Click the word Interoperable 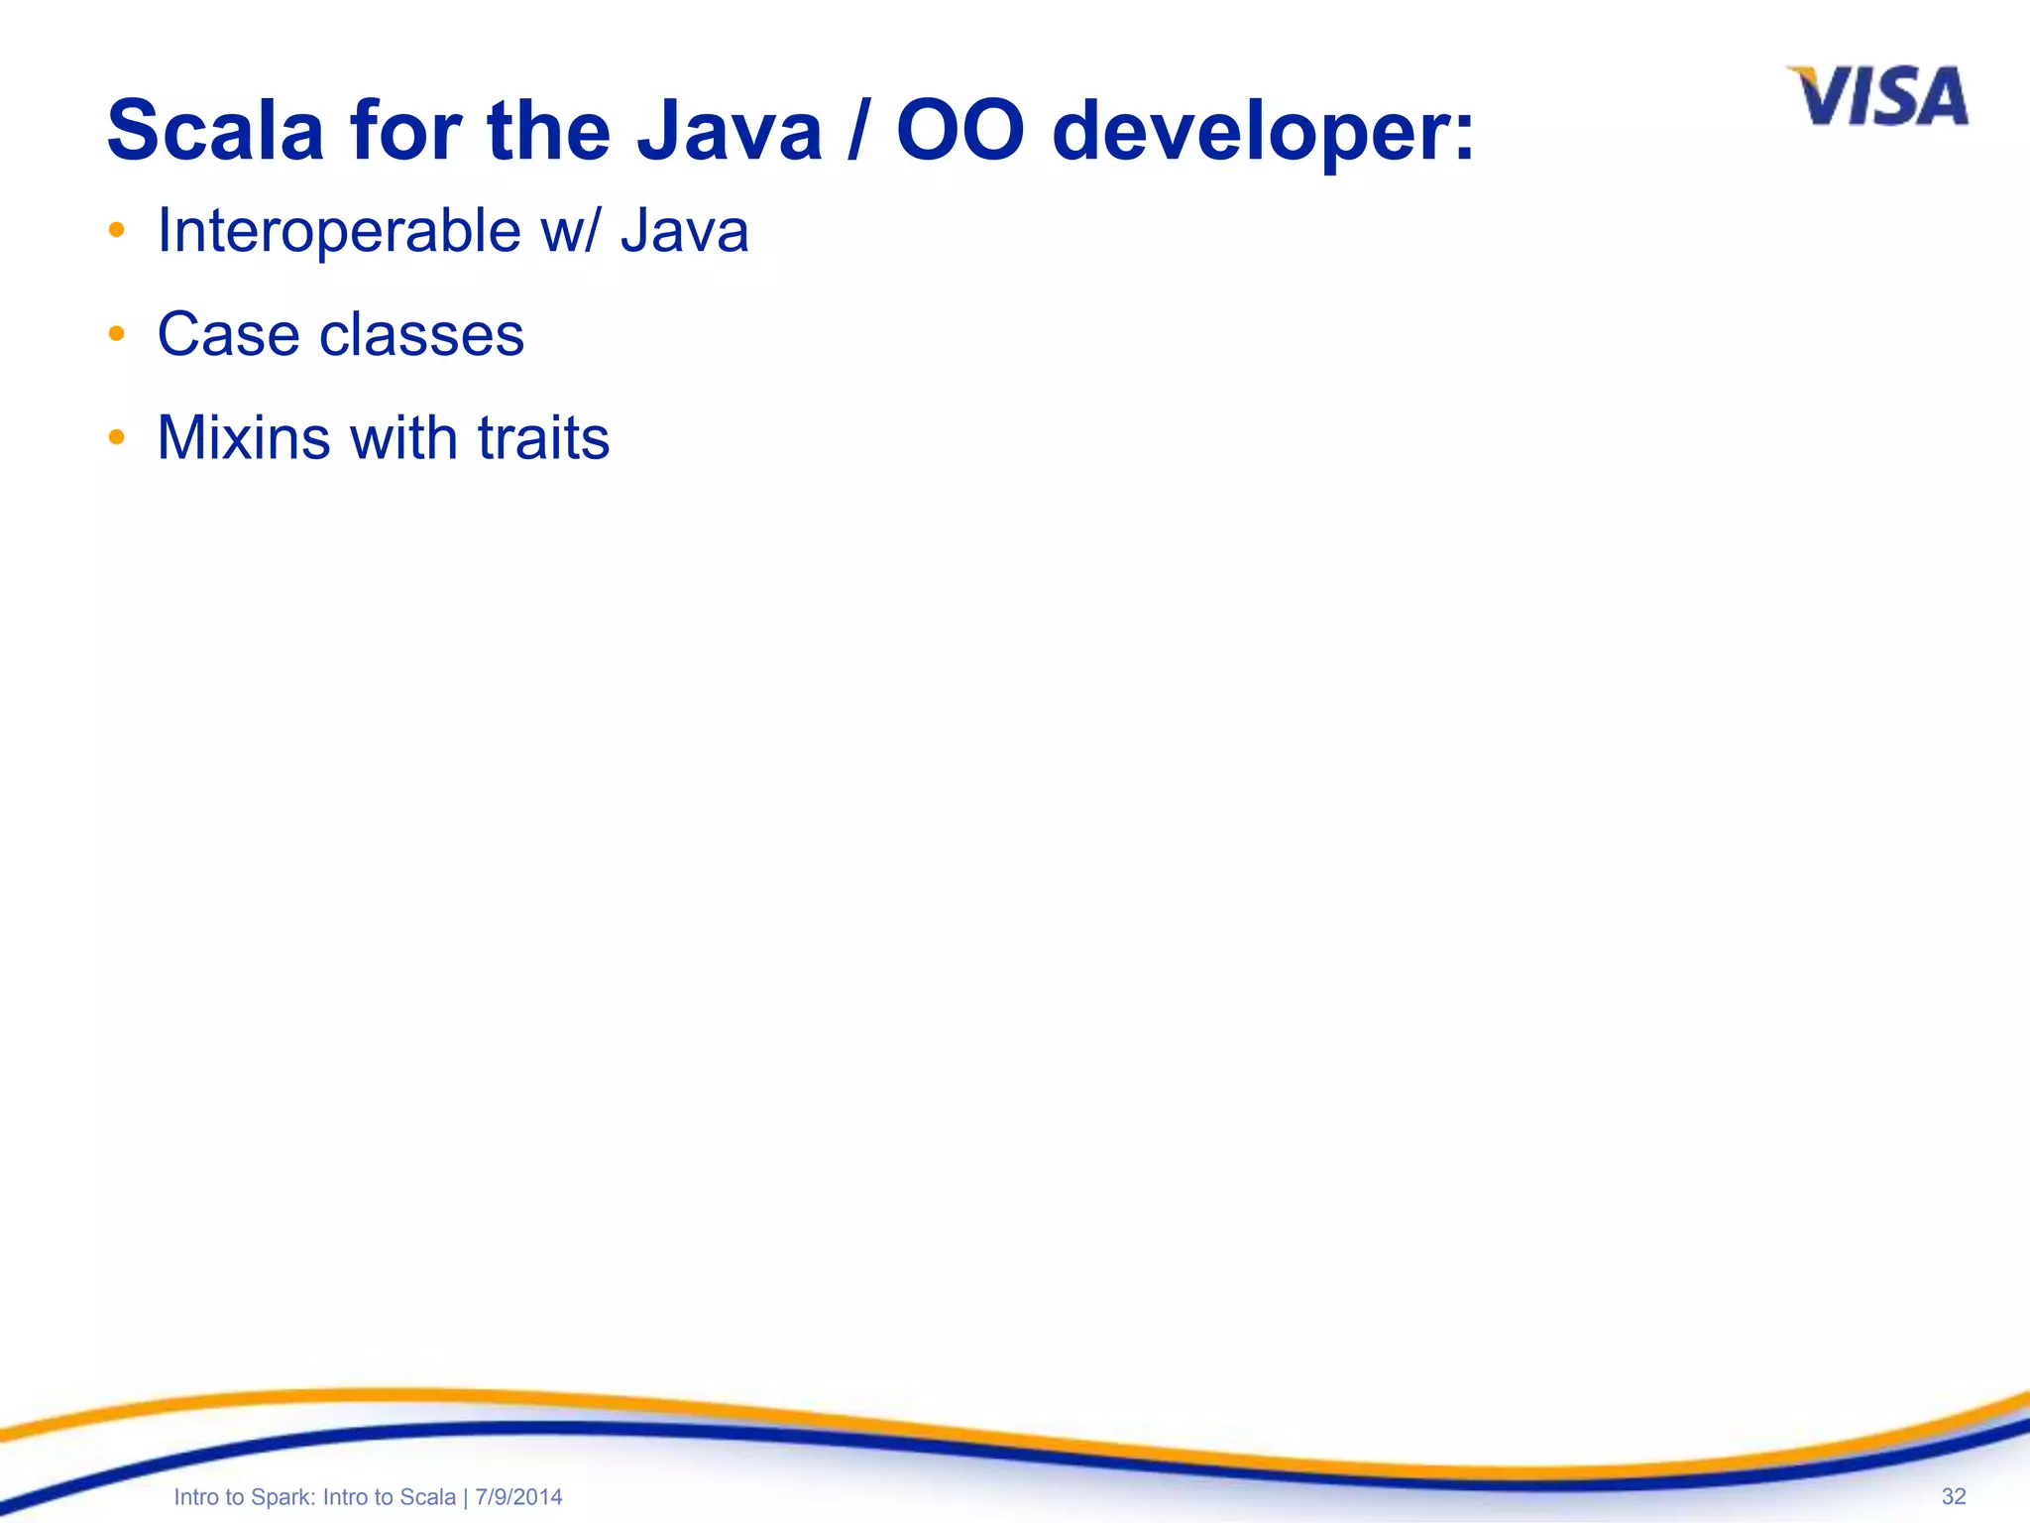point(339,231)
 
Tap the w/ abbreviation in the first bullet point(570,231)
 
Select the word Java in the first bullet point(684,231)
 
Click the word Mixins point(243,437)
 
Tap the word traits point(543,437)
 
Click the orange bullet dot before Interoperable point(117,231)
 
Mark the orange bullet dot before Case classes point(117,334)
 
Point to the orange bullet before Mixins point(117,437)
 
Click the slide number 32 point(1953,1496)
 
